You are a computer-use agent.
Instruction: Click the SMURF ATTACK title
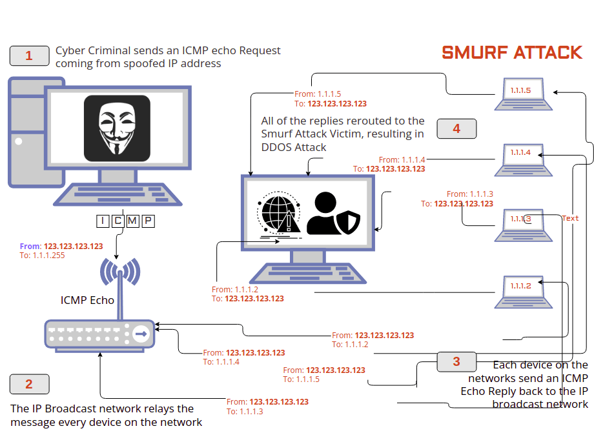pyautogui.click(x=512, y=53)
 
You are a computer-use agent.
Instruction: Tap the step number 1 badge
pyautogui.click(x=29, y=56)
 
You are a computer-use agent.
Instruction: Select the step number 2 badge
pyautogui.click(x=29, y=385)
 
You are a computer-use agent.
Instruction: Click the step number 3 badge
pyautogui.click(x=456, y=361)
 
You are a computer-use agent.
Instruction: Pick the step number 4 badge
pyautogui.click(x=456, y=128)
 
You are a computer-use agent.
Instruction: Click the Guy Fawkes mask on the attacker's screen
pyautogui.click(x=117, y=128)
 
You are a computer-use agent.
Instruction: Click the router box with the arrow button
pyautogui.click(x=100, y=334)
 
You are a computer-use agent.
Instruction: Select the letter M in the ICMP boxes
pyautogui.click(x=133, y=221)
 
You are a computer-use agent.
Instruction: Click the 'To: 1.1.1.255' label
pyautogui.click(x=43, y=255)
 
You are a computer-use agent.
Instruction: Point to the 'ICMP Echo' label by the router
pyautogui.click(x=87, y=300)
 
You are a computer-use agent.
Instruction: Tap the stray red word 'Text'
pyautogui.click(x=570, y=218)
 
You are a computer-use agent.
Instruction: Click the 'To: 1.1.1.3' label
pyautogui.click(x=245, y=411)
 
